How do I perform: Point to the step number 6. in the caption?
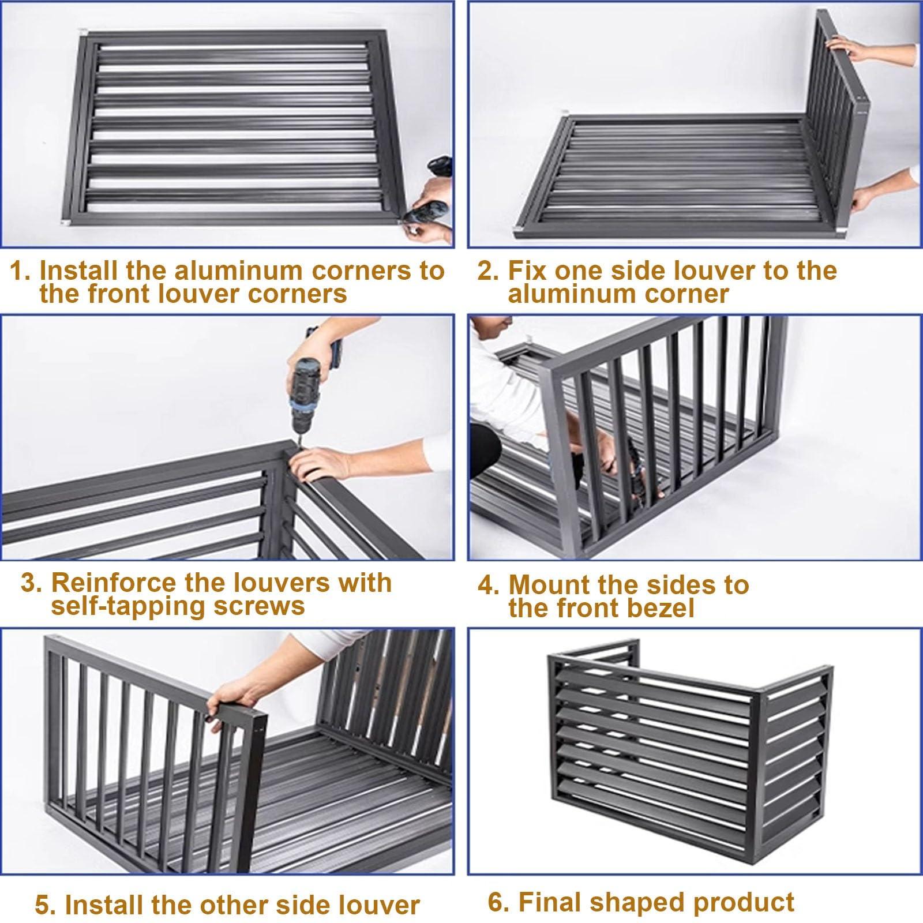click(498, 902)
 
